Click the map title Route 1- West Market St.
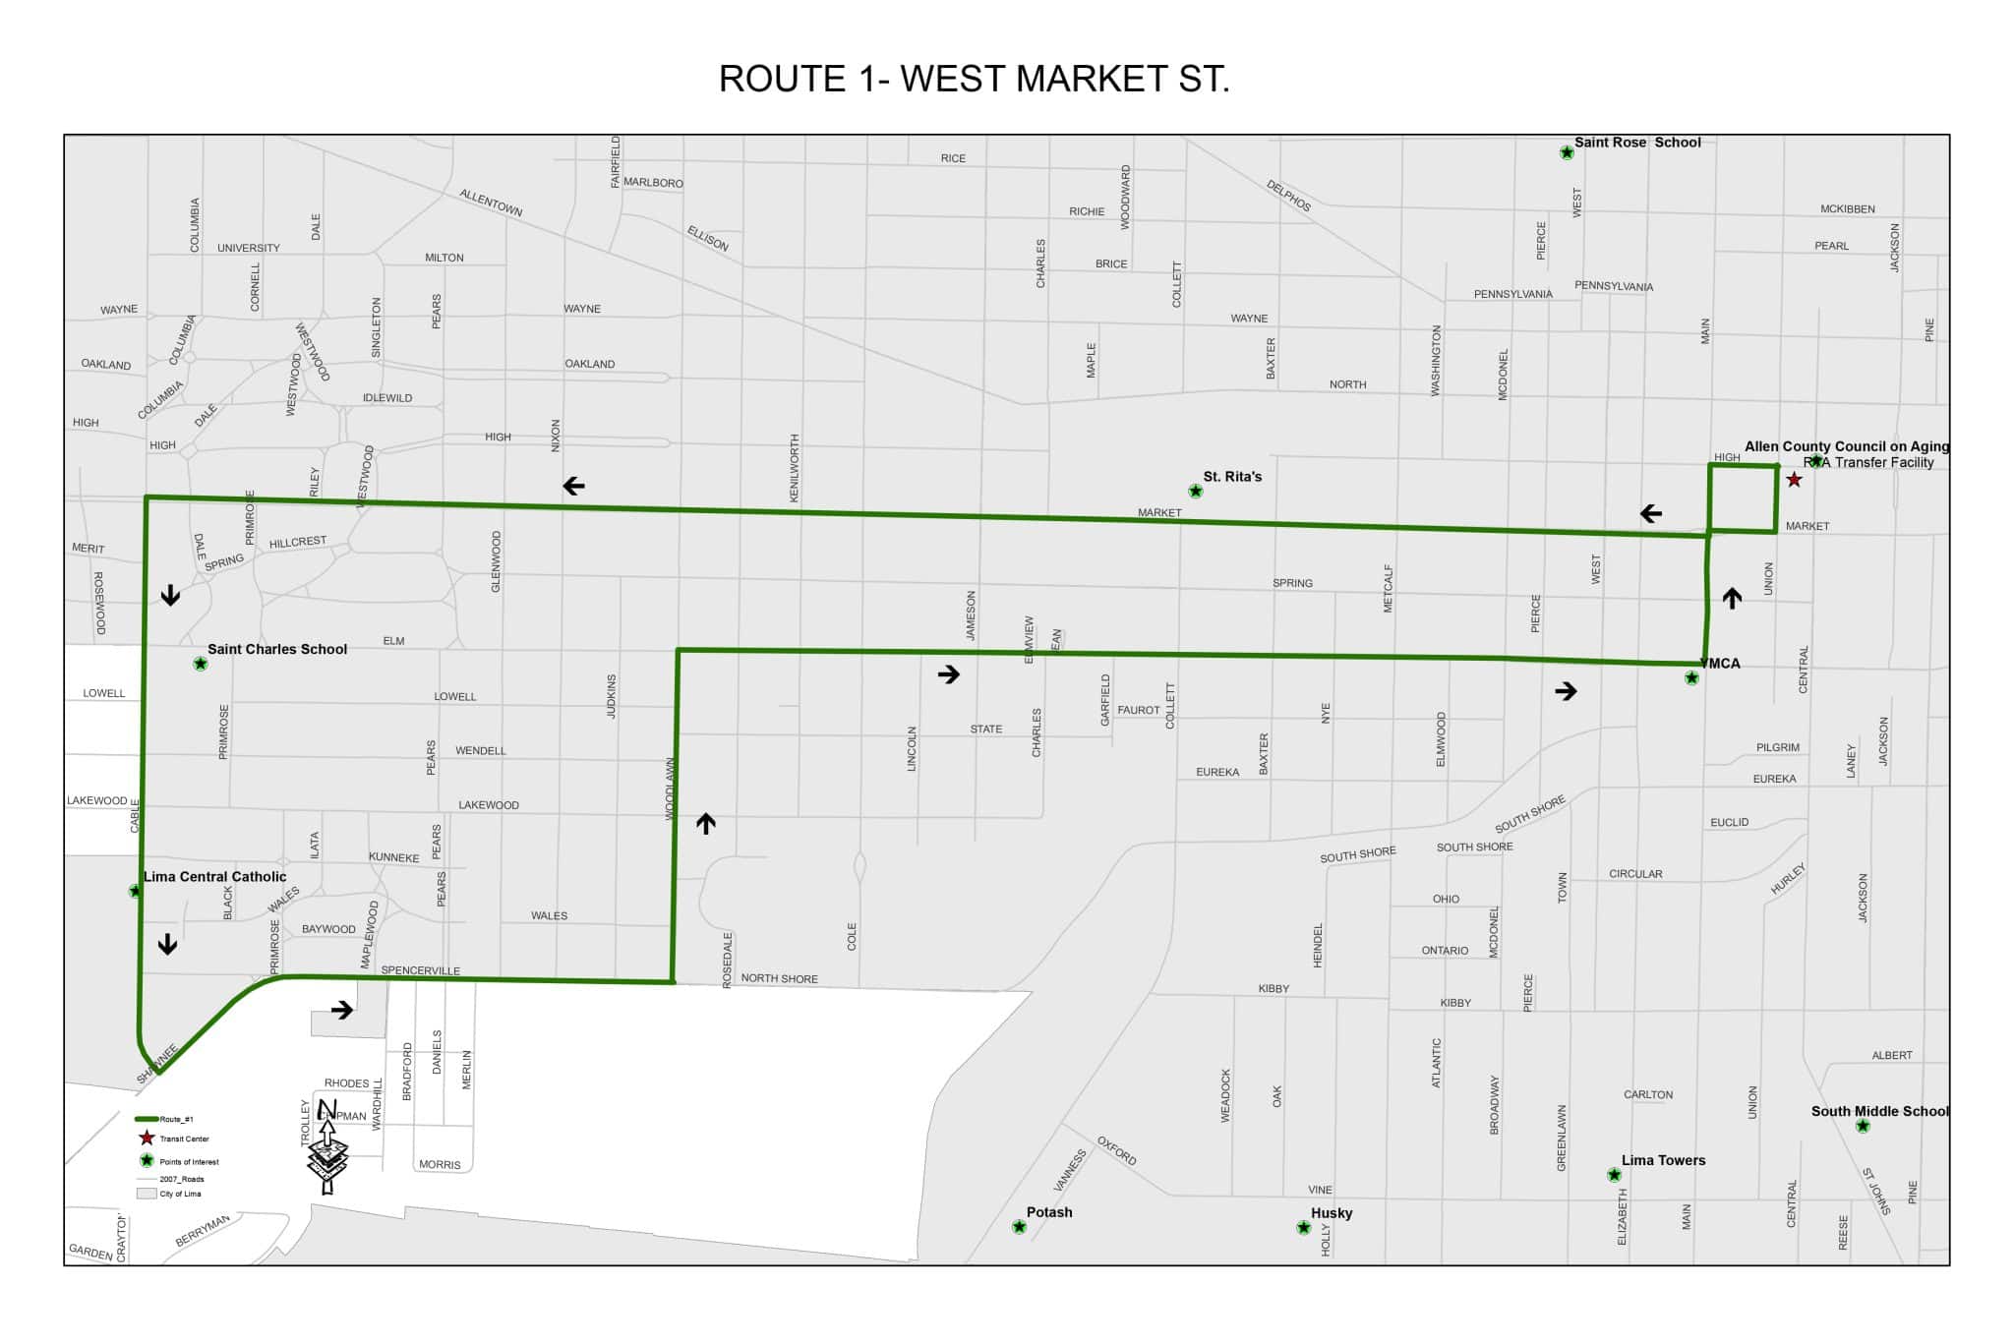click(x=974, y=80)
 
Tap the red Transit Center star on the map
click(x=1794, y=480)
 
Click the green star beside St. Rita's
click(x=1196, y=491)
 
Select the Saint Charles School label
click(x=277, y=649)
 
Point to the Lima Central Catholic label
click(x=215, y=877)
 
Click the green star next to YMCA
click(x=1691, y=677)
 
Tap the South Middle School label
click(x=1879, y=1111)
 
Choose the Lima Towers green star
click(x=1614, y=1175)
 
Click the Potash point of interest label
click(x=1049, y=1212)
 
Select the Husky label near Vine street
click(x=1332, y=1213)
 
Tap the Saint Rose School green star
click(x=1567, y=152)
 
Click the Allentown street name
click(x=491, y=204)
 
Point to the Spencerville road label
click(x=420, y=970)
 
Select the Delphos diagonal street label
click(x=1288, y=196)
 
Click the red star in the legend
click(x=147, y=1139)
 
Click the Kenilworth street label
click(x=795, y=468)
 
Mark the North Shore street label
click(x=779, y=979)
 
